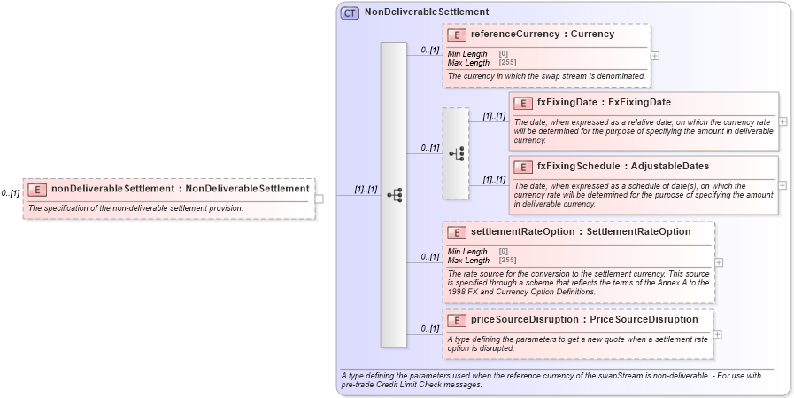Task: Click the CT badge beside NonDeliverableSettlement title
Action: [351, 13]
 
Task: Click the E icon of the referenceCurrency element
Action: [458, 35]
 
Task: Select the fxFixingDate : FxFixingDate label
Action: [603, 103]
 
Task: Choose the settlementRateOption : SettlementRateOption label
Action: [580, 231]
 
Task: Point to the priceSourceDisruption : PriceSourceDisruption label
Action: [583, 319]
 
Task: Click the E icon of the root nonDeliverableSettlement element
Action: [37, 189]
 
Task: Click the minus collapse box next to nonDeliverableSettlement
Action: [320, 198]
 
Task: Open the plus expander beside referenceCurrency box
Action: [655, 55]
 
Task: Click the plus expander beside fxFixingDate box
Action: [783, 121]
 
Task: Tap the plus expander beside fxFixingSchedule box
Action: [783, 185]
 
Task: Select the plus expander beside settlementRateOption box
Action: [719, 262]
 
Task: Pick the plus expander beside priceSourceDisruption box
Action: [717, 334]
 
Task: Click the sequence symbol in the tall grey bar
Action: [394, 195]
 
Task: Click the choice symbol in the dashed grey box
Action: [456, 153]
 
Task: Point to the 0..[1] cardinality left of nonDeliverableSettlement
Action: [11, 193]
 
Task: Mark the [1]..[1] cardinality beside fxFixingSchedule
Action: [494, 180]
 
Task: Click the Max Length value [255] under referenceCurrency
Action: [507, 63]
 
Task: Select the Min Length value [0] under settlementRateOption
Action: [504, 252]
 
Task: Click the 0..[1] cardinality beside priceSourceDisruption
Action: [430, 329]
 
